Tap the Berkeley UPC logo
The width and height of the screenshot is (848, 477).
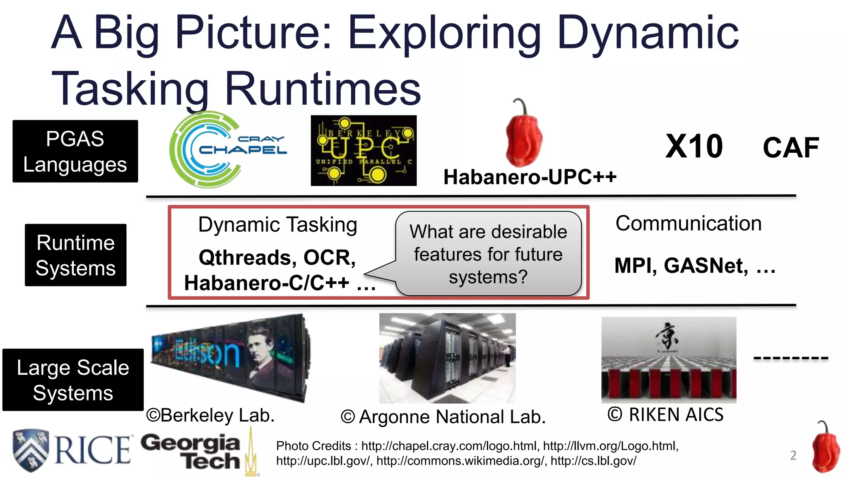364,150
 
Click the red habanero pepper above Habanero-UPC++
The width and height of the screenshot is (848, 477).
524,135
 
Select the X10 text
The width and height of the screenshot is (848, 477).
694,147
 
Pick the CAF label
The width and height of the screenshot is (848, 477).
790,148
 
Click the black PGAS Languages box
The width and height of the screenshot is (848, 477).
75,151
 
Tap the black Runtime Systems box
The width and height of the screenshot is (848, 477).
75,255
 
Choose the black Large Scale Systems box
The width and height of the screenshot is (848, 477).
73,380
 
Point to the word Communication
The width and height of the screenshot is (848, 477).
688,224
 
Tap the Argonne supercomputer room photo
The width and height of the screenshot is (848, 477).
447,358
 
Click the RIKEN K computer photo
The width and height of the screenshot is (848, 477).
669,359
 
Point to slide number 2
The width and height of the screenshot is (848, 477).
793,455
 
